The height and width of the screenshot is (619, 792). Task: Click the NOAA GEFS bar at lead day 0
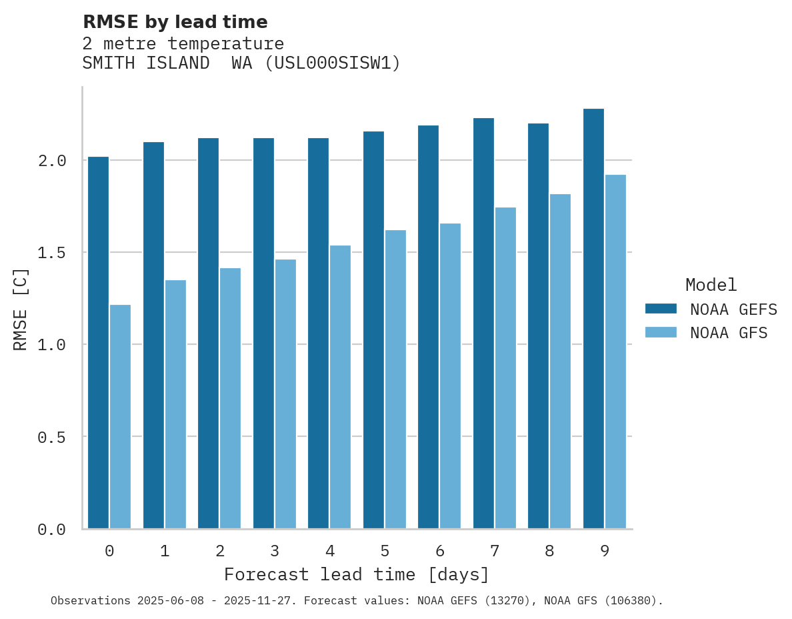pos(98,343)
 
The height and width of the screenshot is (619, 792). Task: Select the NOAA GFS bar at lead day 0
pos(120,417)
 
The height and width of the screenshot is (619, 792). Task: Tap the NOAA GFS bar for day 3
pos(285,394)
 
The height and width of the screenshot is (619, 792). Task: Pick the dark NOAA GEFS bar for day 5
pos(373,330)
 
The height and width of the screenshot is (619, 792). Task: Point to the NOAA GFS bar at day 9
pos(615,352)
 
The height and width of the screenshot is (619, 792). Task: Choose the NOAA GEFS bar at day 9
pos(593,319)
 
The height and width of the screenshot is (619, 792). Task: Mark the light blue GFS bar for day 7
pos(505,368)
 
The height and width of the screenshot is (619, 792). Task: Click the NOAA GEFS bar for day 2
pos(208,334)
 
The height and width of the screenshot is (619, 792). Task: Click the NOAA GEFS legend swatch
pos(661,309)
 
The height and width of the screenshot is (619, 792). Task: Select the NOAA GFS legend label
pos(729,333)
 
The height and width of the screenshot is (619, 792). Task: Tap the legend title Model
pos(711,285)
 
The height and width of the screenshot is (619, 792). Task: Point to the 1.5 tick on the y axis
pos(51,253)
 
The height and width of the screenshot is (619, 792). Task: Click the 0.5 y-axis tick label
pos(51,438)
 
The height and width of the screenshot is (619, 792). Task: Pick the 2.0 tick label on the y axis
pos(51,161)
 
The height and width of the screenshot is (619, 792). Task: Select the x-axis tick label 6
pos(439,551)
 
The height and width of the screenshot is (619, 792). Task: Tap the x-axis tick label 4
pos(329,551)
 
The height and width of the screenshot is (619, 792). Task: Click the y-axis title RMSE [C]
pos(21,309)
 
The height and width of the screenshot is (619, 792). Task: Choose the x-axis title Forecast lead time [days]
pos(357,574)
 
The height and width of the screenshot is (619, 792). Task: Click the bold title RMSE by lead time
pos(175,22)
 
